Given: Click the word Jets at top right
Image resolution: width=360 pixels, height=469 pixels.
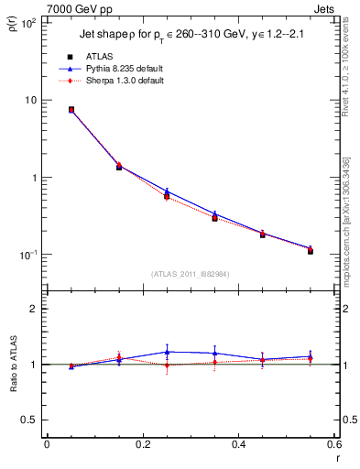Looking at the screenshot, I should click(324, 8).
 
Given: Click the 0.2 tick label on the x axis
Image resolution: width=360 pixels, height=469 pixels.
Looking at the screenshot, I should click(143, 446).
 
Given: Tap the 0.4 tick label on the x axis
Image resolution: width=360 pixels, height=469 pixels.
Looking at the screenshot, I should click(239, 446).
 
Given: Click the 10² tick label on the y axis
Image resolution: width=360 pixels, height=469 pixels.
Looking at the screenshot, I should click(30, 23).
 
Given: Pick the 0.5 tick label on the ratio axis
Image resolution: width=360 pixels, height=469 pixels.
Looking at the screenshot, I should click(32, 420).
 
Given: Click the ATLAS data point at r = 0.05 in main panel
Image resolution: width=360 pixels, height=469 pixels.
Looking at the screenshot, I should click(71, 109).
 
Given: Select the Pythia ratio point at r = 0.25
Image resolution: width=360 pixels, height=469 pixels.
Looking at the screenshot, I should click(167, 352).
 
